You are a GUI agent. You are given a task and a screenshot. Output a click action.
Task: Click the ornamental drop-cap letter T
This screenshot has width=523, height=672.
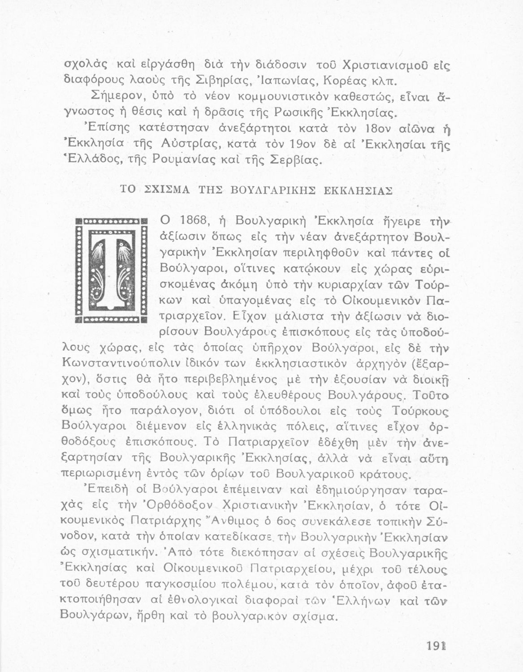coord(111,271)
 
